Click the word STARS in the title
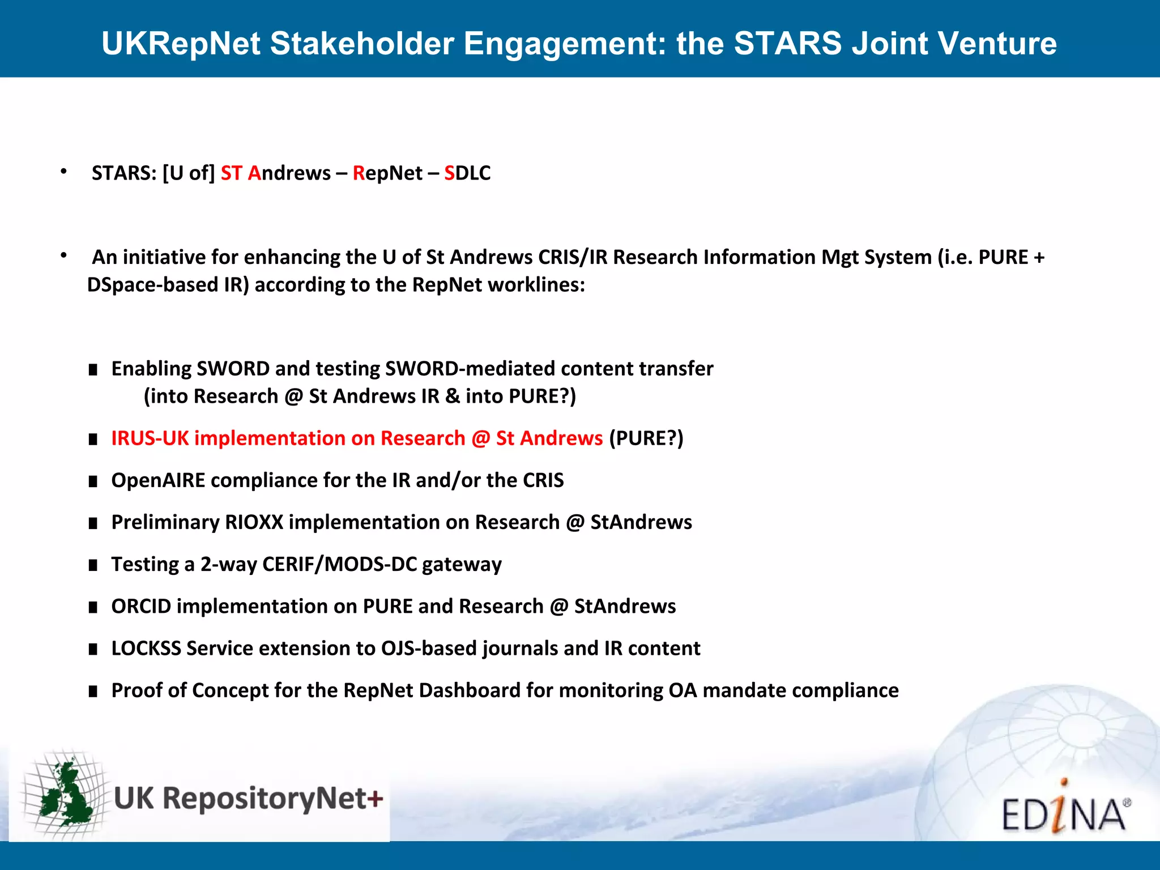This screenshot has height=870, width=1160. [788, 44]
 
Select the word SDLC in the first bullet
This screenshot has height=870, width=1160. [467, 173]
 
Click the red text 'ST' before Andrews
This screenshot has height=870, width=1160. [231, 173]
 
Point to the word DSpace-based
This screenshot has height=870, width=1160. [152, 285]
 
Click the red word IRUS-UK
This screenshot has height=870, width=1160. [150, 438]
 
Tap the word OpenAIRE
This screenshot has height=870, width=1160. [158, 480]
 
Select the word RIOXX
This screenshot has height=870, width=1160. [254, 522]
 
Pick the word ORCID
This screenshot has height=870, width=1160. [141, 607]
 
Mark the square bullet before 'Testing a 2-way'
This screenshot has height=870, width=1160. [93, 565]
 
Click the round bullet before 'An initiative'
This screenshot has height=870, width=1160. [64, 256]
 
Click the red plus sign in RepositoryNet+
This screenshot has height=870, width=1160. [375, 799]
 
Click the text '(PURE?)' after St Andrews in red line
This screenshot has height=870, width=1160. [646, 438]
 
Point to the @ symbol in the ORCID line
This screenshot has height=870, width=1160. [558, 607]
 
